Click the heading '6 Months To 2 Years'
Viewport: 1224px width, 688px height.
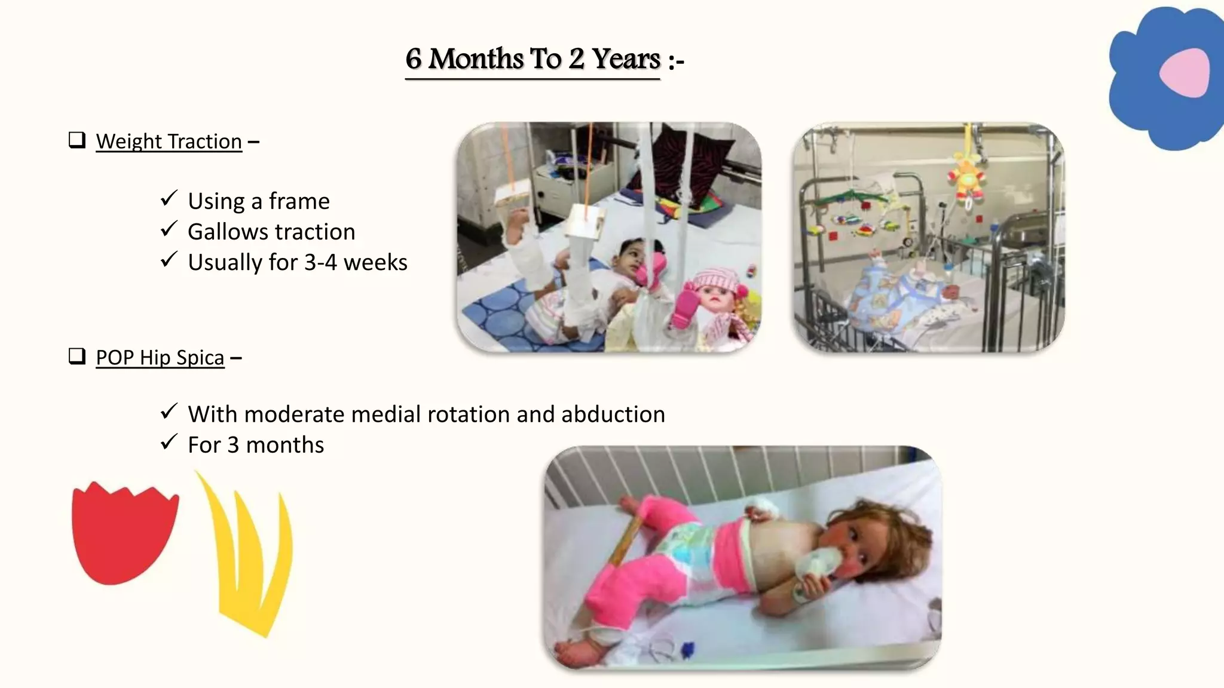(x=533, y=60)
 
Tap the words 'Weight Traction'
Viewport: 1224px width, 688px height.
(x=169, y=142)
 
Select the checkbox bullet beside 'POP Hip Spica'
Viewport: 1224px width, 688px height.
(x=77, y=357)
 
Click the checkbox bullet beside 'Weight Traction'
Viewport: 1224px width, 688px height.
(x=77, y=140)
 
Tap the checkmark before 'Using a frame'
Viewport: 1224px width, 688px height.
(x=169, y=198)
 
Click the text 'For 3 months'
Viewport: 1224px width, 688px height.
(x=256, y=445)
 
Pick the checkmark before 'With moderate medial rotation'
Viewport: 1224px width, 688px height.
(x=169, y=411)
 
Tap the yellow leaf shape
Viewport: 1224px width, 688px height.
(x=251, y=555)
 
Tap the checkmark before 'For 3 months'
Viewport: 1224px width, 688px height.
(x=169, y=443)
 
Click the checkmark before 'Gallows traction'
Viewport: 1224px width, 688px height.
(x=169, y=229)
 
